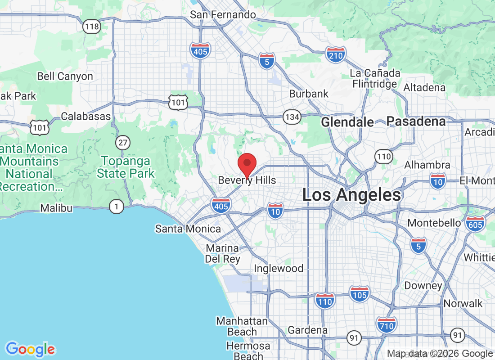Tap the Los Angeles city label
pos(351,195)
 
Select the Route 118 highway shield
pos(91,27)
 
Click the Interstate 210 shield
pos(336,54)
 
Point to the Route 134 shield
pos(292,117)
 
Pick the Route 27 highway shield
pos(122,143)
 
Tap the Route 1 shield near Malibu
pos(117,207)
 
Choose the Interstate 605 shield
pos(476,224)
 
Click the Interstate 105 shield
pos(359,294)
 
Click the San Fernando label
pos(223,14)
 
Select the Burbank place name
pos(309,94)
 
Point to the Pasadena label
pos(416,121)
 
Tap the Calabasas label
pos(85,116)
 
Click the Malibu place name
pos(56,208)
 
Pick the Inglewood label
pos(279,269)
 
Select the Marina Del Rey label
pos(222,254)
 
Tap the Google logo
pos(31,349)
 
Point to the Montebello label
pos(434,223)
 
